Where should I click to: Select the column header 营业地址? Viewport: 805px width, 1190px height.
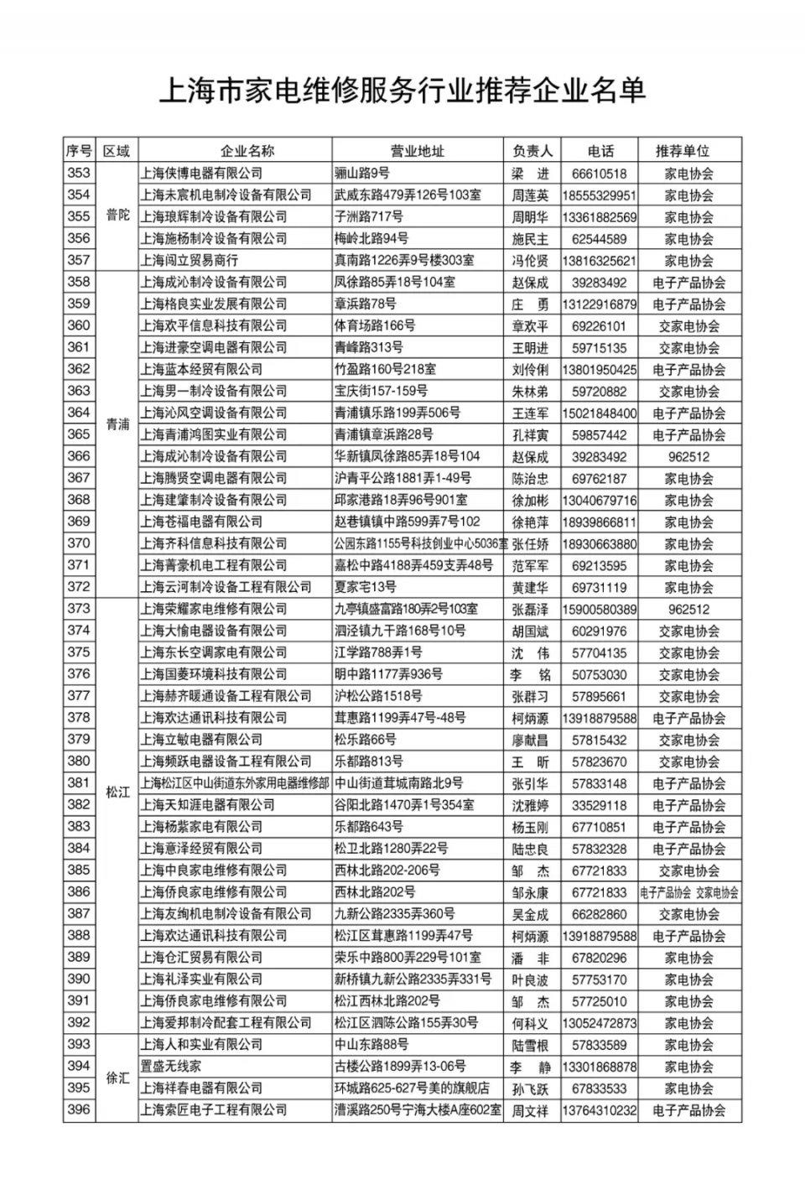417,151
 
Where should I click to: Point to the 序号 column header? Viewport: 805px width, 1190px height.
79,151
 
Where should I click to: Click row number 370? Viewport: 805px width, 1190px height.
79,543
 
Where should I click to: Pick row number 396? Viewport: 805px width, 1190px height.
79,1110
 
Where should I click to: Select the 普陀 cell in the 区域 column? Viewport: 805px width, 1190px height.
117,216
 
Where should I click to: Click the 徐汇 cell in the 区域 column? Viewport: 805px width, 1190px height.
117,1078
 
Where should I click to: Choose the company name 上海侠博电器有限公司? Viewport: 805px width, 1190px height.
202,173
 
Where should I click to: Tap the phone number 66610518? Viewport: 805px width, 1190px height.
599,174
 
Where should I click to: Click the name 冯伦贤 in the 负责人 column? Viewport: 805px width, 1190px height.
531,261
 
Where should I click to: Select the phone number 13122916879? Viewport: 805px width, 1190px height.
599,304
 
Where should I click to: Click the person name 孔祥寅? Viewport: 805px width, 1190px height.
531,435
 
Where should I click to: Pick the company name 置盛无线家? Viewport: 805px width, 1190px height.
171,1066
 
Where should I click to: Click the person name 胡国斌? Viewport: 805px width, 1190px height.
531,631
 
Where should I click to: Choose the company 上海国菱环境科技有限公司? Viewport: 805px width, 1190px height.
214,674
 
